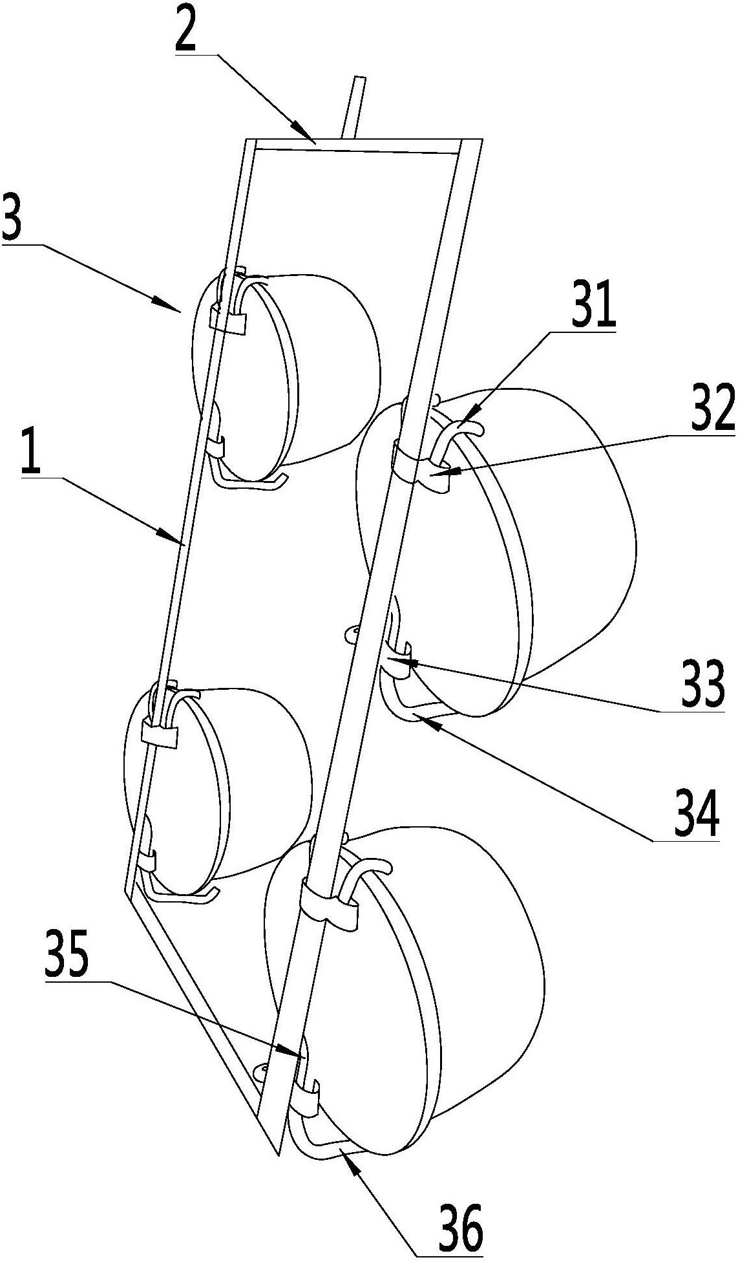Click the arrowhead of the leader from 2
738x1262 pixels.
(308, 136)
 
